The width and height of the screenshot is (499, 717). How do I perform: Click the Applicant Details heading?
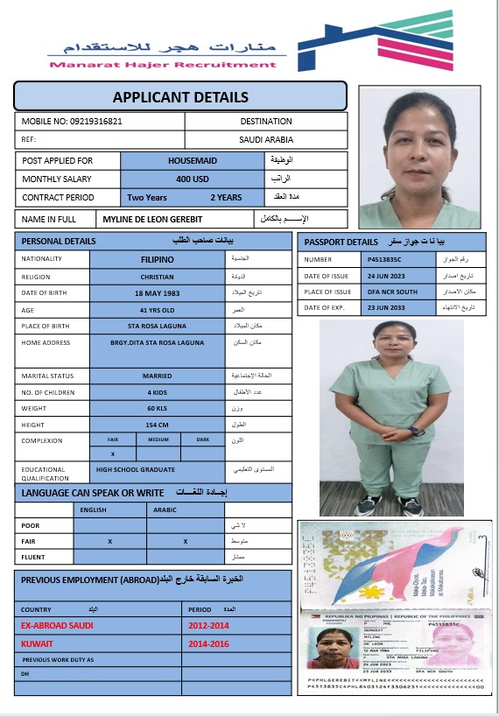tap(180, 97)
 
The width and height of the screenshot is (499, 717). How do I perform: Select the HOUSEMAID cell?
tap(192, 161)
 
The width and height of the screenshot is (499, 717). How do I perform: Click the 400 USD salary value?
tap(192, 179)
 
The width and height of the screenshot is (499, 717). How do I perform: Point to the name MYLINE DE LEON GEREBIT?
tap(170, 219)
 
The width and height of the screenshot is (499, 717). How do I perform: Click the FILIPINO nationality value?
tap(158, 260)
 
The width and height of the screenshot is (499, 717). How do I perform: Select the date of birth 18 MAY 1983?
tap(158, 292)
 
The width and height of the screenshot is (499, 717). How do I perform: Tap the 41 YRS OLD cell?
tap(158, 310)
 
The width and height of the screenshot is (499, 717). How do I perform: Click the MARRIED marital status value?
tap(158, 376)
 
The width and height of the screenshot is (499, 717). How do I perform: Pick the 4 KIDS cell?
tap(158, 392)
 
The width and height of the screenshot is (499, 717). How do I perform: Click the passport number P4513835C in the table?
tap(384, 260)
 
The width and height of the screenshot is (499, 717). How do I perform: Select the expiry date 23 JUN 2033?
tap(384, 307)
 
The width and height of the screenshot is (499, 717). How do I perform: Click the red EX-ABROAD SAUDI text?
tap(57, 625)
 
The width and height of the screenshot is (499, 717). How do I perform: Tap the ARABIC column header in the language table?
tap(165, 509)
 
